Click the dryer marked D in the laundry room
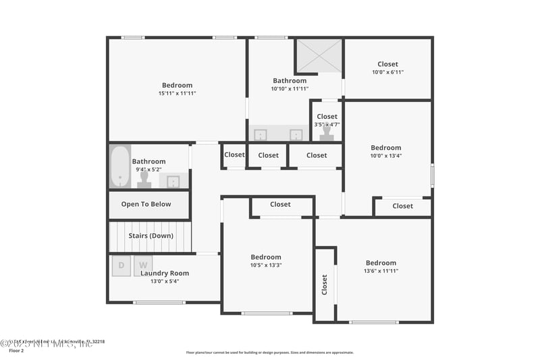click(122, 265)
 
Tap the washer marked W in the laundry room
click(143, 265)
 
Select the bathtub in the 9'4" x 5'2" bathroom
click(119, 166)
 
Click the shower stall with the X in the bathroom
click(319, 55)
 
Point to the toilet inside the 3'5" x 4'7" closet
click(327, 132)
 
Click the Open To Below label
click(146, 204)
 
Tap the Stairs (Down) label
click(151, 236)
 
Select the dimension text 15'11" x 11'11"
click(176, 93)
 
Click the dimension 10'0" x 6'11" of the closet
click(387, 72)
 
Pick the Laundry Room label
click(164, 274)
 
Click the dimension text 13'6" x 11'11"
click(381, 271)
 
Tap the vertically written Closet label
click(324, 284)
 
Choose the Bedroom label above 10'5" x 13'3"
click(266, 257)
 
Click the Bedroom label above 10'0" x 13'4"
click(385, 148)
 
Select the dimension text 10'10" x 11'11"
click(290, 88)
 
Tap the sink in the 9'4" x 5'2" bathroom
click(173, 181)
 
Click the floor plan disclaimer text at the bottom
click(269, 353)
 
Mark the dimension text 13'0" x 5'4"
click(164, 282)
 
